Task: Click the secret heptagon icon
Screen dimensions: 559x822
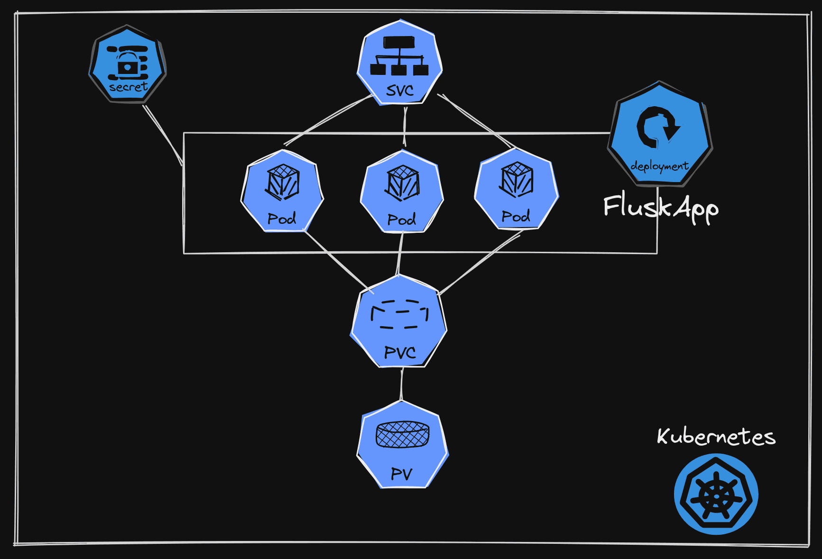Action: click(127, 64)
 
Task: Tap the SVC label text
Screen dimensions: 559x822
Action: click(399, 91)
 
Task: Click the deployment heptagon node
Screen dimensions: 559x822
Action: click(660, 135)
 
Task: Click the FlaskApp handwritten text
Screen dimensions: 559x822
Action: click(660, 207)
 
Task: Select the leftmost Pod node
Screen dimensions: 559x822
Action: click(282, 192)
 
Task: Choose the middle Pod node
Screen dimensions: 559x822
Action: click(402, 192)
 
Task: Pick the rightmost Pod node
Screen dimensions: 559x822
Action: click(517, 189)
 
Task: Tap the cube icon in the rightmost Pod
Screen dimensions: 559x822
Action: click(517, 180)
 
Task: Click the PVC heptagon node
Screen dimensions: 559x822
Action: click(399, 322)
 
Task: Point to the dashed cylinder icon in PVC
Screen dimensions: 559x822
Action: click(399, 314)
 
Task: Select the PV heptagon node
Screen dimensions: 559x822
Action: click(402, 446)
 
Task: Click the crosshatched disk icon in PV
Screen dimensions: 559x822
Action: click(402, 434)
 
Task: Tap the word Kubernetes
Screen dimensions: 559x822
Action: click(716, 436)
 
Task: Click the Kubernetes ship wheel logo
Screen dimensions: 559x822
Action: click(716, 494)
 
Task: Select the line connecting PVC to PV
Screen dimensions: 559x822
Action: click(402, 384)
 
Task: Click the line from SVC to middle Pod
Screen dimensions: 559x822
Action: click(405, 126)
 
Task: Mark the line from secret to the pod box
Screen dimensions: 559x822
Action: click(163, 135)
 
